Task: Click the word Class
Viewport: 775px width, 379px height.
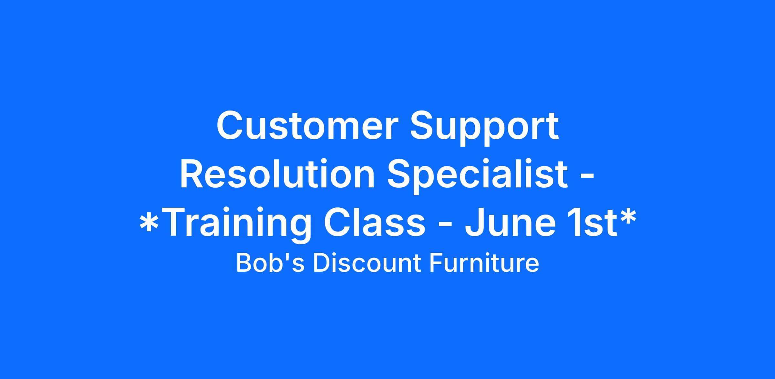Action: pyautogui.click(x=375, y=222)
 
